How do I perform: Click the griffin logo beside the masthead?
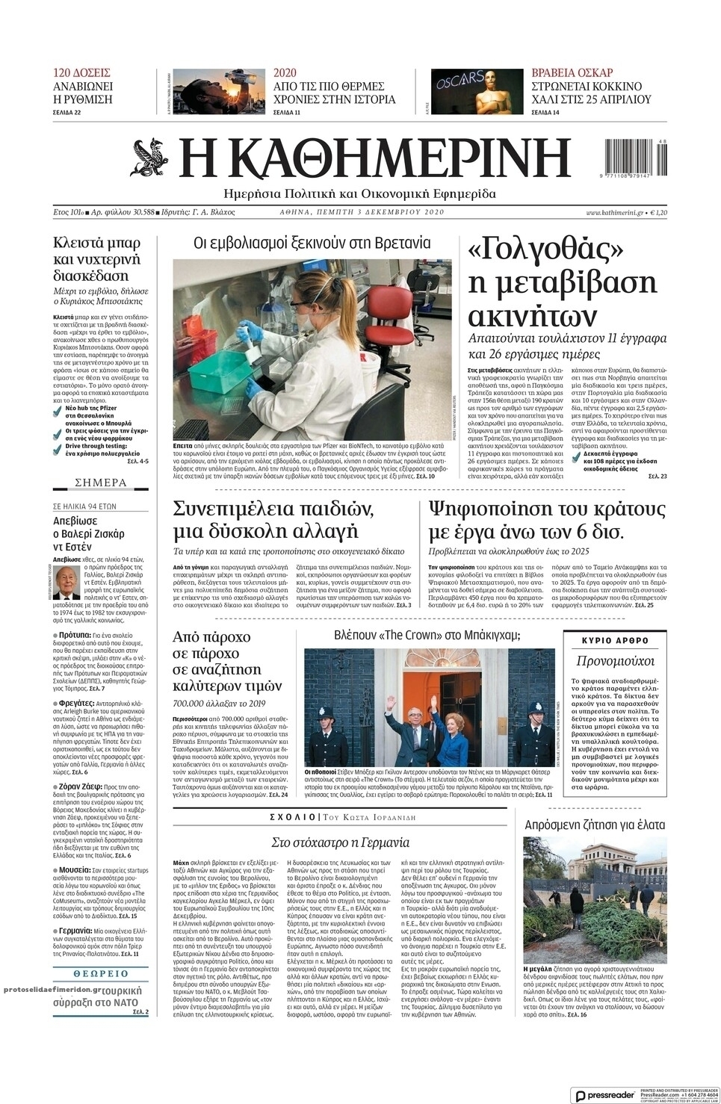point(152,160)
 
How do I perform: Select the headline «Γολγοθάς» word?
point(546,249)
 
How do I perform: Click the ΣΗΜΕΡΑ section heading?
point(101,483)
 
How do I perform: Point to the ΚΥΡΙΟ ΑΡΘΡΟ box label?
point(615,641)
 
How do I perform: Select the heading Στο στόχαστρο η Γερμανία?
point(340,843)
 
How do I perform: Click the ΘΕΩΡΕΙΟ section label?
point(101,974)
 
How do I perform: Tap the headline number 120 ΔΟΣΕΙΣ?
point(81,72)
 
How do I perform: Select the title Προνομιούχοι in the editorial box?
point(615,661)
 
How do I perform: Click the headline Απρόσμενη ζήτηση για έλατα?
point(595,825)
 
